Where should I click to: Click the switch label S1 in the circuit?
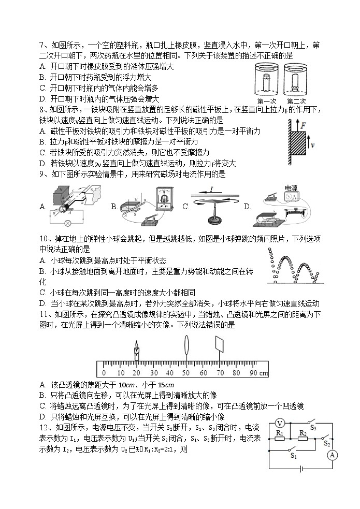(293, 456)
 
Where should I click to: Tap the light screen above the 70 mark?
(220, 345)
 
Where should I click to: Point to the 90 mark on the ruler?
(253, 373)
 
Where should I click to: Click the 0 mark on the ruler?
(104, 373)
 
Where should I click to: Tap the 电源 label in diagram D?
(291, 187)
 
